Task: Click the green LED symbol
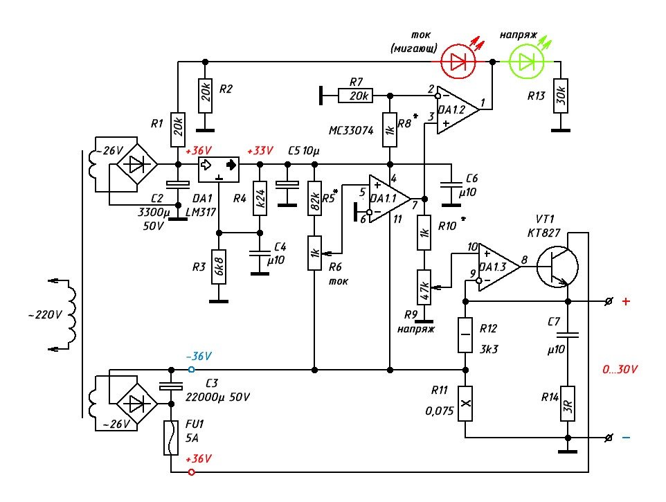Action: (528, 62)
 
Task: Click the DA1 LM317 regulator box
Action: (219, 165)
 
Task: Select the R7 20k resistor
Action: (356, 95)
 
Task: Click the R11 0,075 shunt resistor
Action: (466, 403)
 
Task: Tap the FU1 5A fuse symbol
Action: (170, 438)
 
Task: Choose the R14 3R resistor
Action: (567, 404)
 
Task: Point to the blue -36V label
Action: (199, 356)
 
